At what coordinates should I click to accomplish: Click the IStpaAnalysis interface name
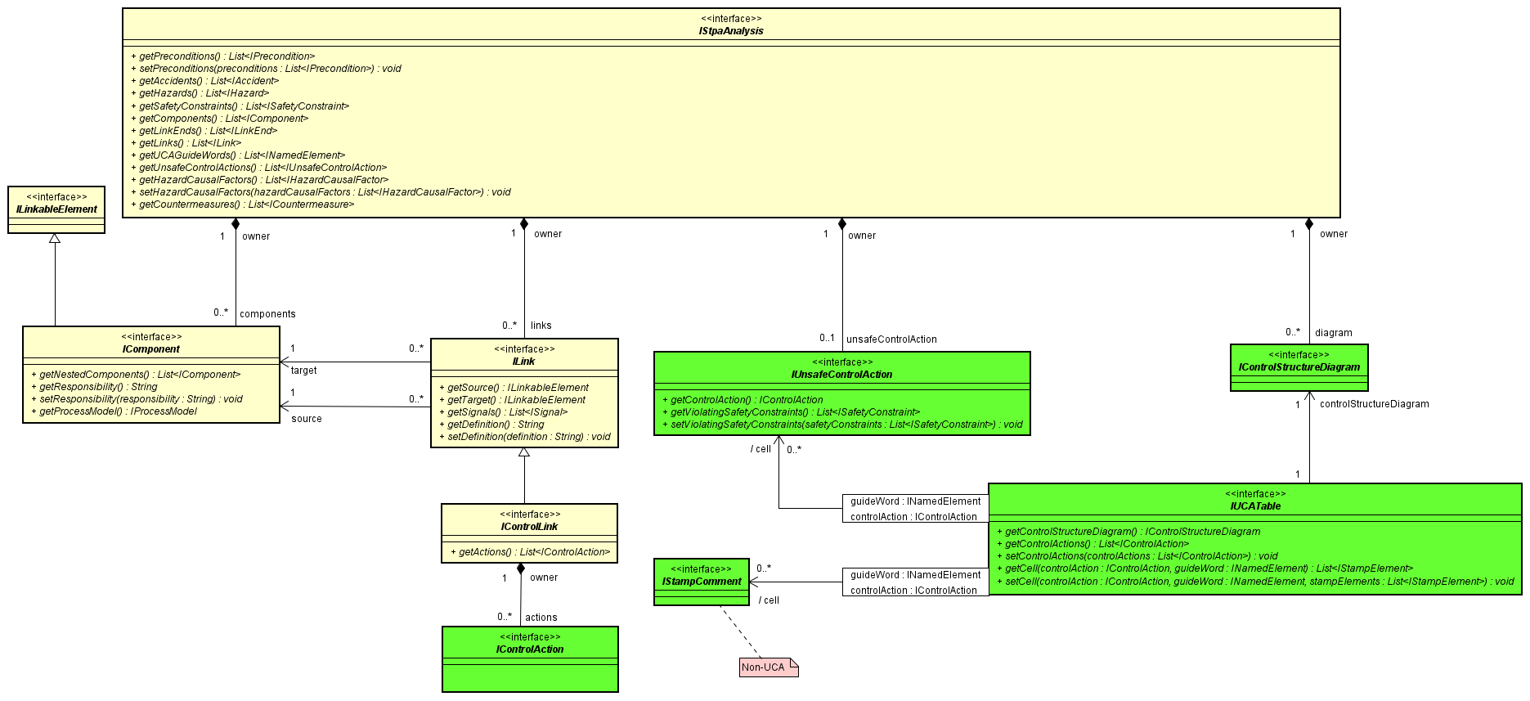730,31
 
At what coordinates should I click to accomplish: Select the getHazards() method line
204,93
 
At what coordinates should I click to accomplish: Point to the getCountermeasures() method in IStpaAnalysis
246,204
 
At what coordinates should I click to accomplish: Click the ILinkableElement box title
56,209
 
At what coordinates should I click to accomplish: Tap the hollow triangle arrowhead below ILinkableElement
55,238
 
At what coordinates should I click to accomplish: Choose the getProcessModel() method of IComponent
118,411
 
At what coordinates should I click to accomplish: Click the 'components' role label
267,314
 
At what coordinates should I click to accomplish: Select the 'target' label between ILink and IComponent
303,371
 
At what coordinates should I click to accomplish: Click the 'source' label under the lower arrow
306,419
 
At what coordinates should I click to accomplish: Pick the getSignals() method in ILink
507,412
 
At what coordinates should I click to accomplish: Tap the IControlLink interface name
529,527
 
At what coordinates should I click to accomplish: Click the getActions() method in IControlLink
530,552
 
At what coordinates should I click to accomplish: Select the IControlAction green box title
529,649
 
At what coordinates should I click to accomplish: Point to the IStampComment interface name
702,582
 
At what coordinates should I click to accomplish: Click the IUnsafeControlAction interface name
841,375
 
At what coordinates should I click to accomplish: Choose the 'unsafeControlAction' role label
891,339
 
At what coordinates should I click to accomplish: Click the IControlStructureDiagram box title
1299,367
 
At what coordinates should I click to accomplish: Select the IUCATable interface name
1255,506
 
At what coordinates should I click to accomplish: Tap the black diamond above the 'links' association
524,224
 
